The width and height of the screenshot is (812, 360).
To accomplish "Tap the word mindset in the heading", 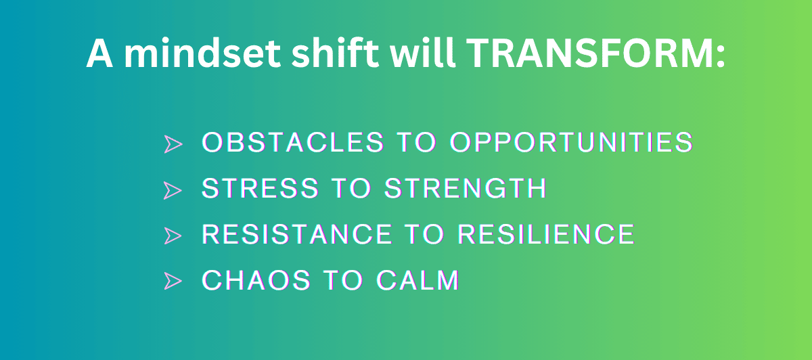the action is pyautogui.click(x=202, y=52).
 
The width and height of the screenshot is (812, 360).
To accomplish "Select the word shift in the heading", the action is pyautogui.click(x=335, y=52).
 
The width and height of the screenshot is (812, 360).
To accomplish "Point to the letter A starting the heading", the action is pyautogui.click(x=99, y=53).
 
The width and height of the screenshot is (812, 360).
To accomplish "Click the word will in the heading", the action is pyautogui.click(x=423, y=52).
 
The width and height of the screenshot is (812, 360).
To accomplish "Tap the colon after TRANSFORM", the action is pyautogui.click(x=721, y=57).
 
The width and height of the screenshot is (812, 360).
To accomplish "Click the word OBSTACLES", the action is pyautogui.click(x=292, y=141).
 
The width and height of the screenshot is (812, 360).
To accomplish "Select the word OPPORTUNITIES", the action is pyautogui.click(x=571, y=141).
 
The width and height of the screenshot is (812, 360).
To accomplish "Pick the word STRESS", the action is pyautogui.click(x=260, y=188).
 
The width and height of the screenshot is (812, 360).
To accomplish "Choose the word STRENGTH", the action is pyautogui.click(x=465, y=188).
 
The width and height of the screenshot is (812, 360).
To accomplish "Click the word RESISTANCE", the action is pyautogui.click(x=297, y=234).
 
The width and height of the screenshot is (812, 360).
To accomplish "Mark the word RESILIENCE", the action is pyautogui.click(x=545, y=234).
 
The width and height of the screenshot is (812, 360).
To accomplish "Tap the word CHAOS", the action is pyautogui.click(x=256, y=280).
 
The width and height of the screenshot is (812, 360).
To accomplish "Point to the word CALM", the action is pyautogui.click(x=418, y=280).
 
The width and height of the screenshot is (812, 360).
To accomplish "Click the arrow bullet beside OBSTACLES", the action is pyautogui.click(x=173, y=144).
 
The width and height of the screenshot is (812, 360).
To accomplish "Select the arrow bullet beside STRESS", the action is pyautogui.click(x=172, y=190).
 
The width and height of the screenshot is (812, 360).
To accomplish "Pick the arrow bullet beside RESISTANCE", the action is pyautogui.click(x=172, y=235).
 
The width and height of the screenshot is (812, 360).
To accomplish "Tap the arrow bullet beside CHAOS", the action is pyautogui.click(x=173, y=281).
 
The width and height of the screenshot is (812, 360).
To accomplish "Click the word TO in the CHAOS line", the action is pyautogui.click(x=343, y=280).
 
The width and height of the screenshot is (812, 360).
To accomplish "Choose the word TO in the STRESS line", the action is pyautogui.click(x=352, y=188).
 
